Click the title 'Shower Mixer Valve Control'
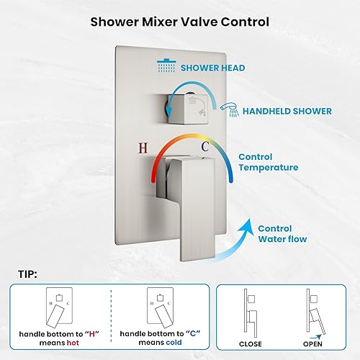coord(179,21)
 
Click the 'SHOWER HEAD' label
coord(212,68)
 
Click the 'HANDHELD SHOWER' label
coord(287,111)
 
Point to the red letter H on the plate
coord(143,148)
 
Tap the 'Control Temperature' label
coord(268,162)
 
